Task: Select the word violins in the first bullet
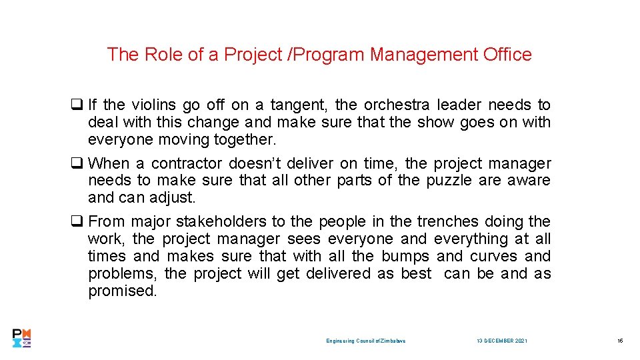click(x=153, y=105)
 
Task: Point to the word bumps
click(x=406, y=256)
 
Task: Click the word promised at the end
click(x=122, y=291)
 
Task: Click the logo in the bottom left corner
click(x=22, y=339)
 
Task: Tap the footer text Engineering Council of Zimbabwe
click(x=365, y=341)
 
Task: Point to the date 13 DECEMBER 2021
click(x=501, y=341)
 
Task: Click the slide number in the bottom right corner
click(x=619, y=341)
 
